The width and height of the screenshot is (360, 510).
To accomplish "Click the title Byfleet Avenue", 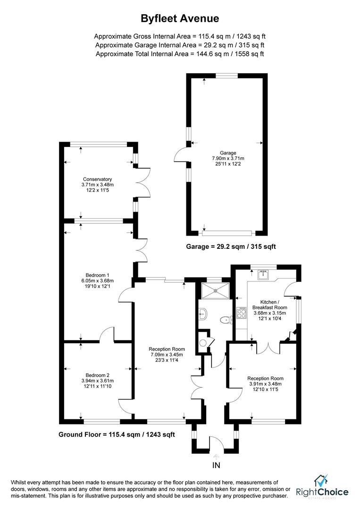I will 180,18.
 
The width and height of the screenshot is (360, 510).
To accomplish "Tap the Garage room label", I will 228,153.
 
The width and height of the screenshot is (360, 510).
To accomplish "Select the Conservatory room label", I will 98,179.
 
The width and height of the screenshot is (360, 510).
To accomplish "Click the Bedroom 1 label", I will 98,275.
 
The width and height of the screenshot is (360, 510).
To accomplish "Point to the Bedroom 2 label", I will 98,375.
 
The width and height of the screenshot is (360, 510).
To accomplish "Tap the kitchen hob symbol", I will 242,312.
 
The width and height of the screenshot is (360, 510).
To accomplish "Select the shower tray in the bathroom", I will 215,290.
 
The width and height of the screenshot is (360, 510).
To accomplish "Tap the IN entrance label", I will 216,465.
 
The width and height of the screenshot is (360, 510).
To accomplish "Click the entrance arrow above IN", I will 216,456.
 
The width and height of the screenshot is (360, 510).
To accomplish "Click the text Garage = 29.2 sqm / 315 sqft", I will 231,246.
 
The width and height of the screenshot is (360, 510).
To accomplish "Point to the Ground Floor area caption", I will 117,434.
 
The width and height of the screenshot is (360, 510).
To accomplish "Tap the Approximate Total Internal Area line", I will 180,54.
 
